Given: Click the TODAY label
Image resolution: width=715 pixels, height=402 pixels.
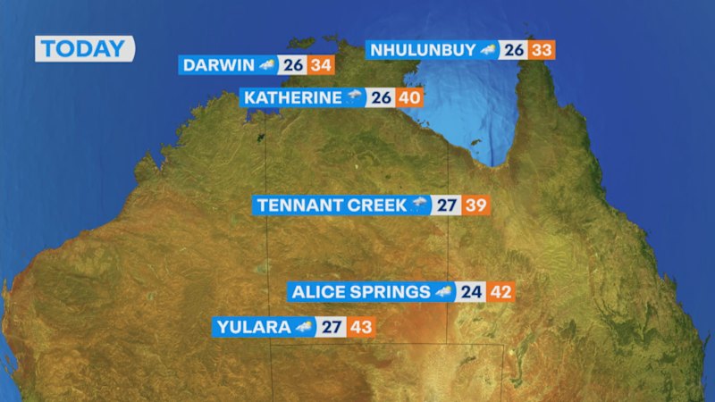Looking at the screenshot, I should click(84, 49).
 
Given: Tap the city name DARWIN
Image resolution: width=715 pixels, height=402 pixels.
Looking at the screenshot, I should click(218, 65).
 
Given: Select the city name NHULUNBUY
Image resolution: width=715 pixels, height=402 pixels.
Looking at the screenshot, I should click(424, 50).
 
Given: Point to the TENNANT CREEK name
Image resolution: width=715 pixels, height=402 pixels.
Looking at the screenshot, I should click(331, 205).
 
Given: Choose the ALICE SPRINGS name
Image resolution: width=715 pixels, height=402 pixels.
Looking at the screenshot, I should click(360, 292).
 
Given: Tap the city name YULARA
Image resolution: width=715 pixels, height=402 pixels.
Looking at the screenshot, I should click(254, 327).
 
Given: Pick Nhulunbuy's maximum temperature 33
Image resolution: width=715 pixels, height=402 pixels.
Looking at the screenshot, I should click(542, 50).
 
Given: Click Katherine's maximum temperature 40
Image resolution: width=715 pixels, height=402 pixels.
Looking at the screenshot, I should click(409, 97).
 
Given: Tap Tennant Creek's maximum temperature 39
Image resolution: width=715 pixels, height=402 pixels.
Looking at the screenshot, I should click(475, 205).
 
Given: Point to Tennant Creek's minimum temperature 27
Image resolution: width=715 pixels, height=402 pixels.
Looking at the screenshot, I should click(447, 205).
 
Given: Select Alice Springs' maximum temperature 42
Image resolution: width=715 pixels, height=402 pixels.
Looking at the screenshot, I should click(500, 292).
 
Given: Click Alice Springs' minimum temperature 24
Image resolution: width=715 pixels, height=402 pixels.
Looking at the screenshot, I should click(471, 292).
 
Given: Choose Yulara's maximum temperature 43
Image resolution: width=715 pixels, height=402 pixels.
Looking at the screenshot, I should click(361, 327).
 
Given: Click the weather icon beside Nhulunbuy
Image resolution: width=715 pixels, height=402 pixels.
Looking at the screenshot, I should click(488, 50).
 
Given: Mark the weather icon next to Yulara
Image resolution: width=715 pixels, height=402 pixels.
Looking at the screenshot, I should click(306, 327).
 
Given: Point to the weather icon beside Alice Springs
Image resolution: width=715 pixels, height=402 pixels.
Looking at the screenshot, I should click(444, 292).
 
